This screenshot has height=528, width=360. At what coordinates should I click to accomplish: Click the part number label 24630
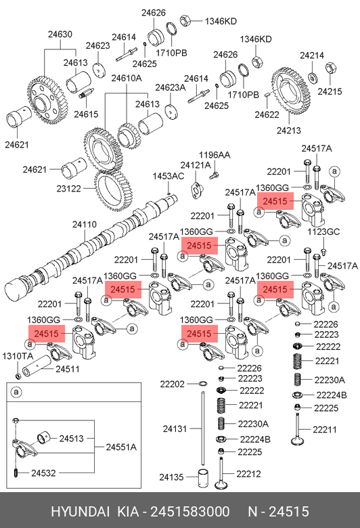(x=60, y=35)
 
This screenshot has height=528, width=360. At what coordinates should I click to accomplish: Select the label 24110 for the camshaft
(x=85, y=225)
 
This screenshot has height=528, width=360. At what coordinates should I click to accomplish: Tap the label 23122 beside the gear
(x=69, y=189)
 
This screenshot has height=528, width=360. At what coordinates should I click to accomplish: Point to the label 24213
(x=289, y=131)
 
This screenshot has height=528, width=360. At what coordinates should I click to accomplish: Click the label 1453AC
(x=168, y=176)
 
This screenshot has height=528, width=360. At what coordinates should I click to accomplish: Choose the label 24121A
(x=196, y=165)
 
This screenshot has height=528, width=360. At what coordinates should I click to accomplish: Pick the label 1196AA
(x=215, y=155)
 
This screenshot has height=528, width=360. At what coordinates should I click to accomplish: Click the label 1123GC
(x=323, y=232)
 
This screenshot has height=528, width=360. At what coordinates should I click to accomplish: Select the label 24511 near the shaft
(x=68, y=369)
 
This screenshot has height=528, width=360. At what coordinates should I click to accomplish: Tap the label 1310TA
(x=18, y=356)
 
